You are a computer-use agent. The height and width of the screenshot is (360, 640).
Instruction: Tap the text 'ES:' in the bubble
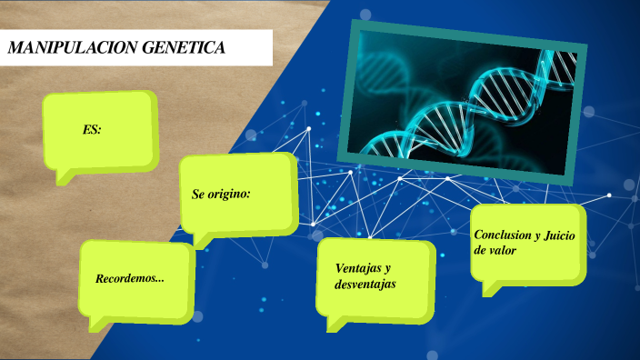tap(91, 130)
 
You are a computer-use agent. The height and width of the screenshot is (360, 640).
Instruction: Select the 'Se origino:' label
tap(221, 195)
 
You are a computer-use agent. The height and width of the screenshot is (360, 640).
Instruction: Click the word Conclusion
tap(503, 235)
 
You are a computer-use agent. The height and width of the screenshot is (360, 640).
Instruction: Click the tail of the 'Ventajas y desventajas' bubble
tap(333, 325)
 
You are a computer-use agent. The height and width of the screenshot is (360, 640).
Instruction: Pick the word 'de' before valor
tap(479, 250)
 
